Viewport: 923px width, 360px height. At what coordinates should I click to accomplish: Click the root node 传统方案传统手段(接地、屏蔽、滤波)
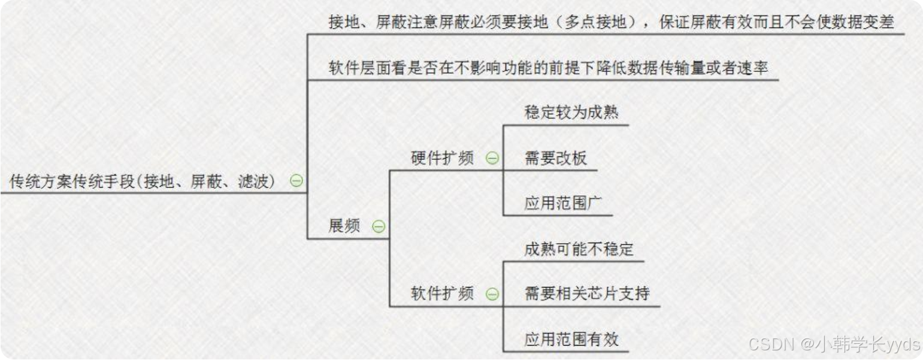pyautogui.click(x=143, y=181)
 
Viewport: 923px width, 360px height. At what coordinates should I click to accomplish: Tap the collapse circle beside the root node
pyautogui.click(x=296, y=181)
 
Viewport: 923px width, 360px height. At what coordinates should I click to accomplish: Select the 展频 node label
pyautogui.click(x=344, y=226)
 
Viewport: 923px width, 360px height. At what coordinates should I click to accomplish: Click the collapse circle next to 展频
pyautogui.click(x=379, y=226)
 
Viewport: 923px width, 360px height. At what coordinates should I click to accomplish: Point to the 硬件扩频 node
pyautogui.click(x=442, y=158)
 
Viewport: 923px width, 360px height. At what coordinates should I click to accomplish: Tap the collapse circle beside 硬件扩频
pyautogui.click(x=492, y=158)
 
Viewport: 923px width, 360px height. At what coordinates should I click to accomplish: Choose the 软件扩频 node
pyautogui.click(x=442, y=294)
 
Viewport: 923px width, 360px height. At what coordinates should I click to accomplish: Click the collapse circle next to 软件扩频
pyautogui.click(x=492, y=294)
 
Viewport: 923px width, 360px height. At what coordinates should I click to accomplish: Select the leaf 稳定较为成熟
pyautogui.click(x=571, y=113)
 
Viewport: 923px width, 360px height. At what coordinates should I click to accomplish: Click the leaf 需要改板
pyautogui.click(x=555, y=158)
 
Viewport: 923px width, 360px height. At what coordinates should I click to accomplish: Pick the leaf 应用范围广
pyautogui.click(x=563, y=204)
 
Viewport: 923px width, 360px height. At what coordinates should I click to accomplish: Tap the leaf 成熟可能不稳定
pyautogui.click(x=579, y=249)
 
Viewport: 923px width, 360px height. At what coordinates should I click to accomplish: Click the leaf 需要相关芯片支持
pyautogui.click(x=586, y=294)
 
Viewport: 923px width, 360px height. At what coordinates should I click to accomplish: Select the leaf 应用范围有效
pyautogui.click(x=571, y=340)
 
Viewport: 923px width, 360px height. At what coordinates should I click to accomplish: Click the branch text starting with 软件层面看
pyautogui.click(x=547, y=68)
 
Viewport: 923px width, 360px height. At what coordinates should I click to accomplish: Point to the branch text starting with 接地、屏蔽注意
pyautogui.click(x=611, y=22)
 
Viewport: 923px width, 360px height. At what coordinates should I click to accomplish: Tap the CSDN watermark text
pyautogui.click(x=834, y=344)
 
